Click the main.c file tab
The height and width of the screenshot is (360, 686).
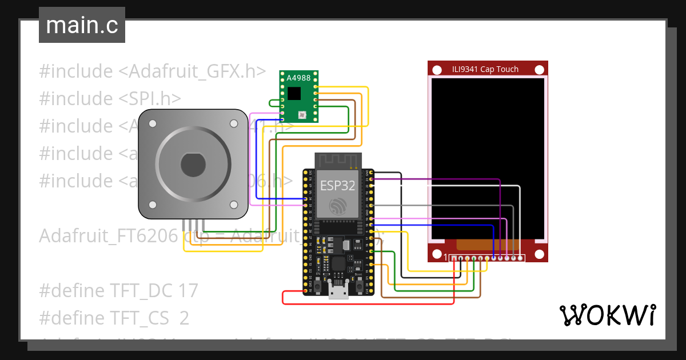point(82,26)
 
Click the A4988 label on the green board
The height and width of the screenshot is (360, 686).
point(298,78)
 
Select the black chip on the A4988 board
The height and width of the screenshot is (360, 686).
point(294,93)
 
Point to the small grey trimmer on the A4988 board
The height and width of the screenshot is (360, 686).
point(302,115)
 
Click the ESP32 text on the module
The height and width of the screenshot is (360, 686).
point(337,186)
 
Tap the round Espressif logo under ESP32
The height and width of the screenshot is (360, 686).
point(337,206)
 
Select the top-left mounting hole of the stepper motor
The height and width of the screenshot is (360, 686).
point(153,123)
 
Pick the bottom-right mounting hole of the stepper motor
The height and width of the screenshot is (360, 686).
point(234,205)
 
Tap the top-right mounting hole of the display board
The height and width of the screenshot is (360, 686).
point(539,70)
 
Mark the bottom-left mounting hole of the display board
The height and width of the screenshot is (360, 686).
point(437,254)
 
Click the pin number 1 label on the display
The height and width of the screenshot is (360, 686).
point(446,258)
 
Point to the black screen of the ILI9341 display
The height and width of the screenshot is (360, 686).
point(488,158)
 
